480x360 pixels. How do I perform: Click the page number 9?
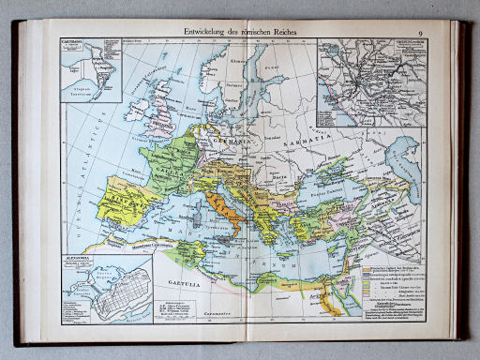pyautogui.click(x=421, y=35)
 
